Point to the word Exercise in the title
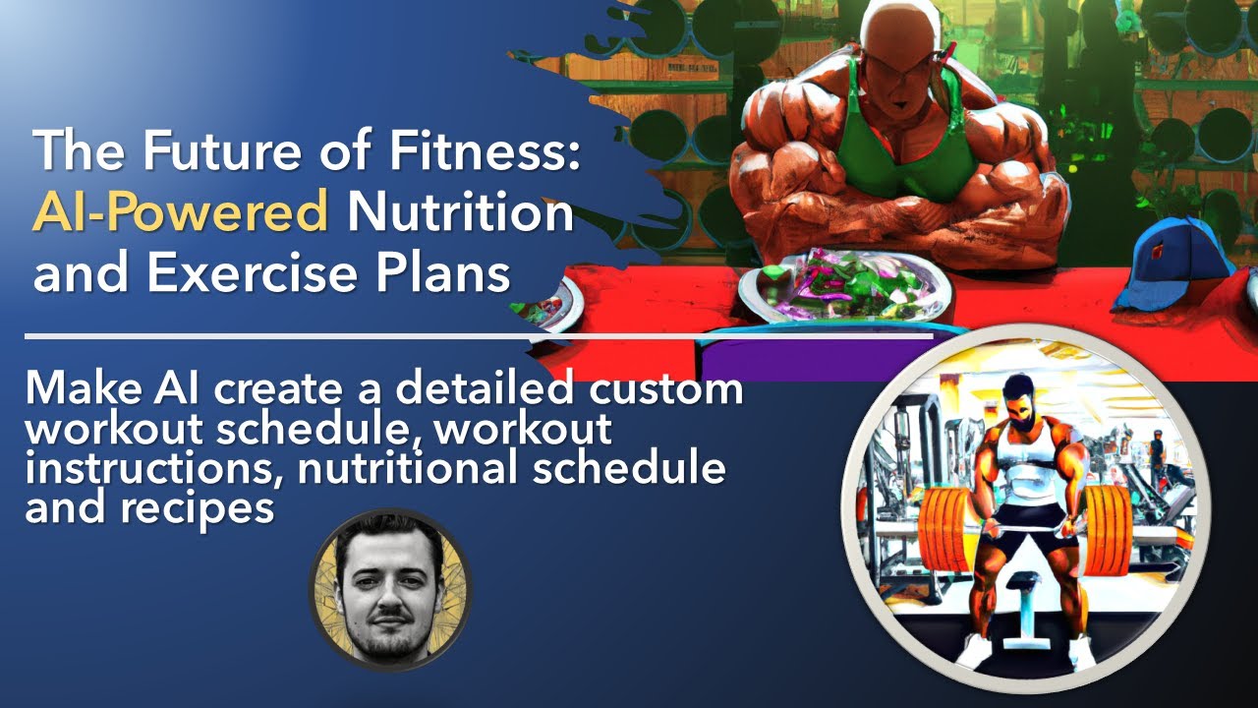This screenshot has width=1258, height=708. [x=253, y=273]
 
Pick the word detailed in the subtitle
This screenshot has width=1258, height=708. [x=485, y=387]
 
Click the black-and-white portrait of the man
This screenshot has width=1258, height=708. [x=391, y=589]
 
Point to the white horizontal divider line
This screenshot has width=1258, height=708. [x=479, y=336]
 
